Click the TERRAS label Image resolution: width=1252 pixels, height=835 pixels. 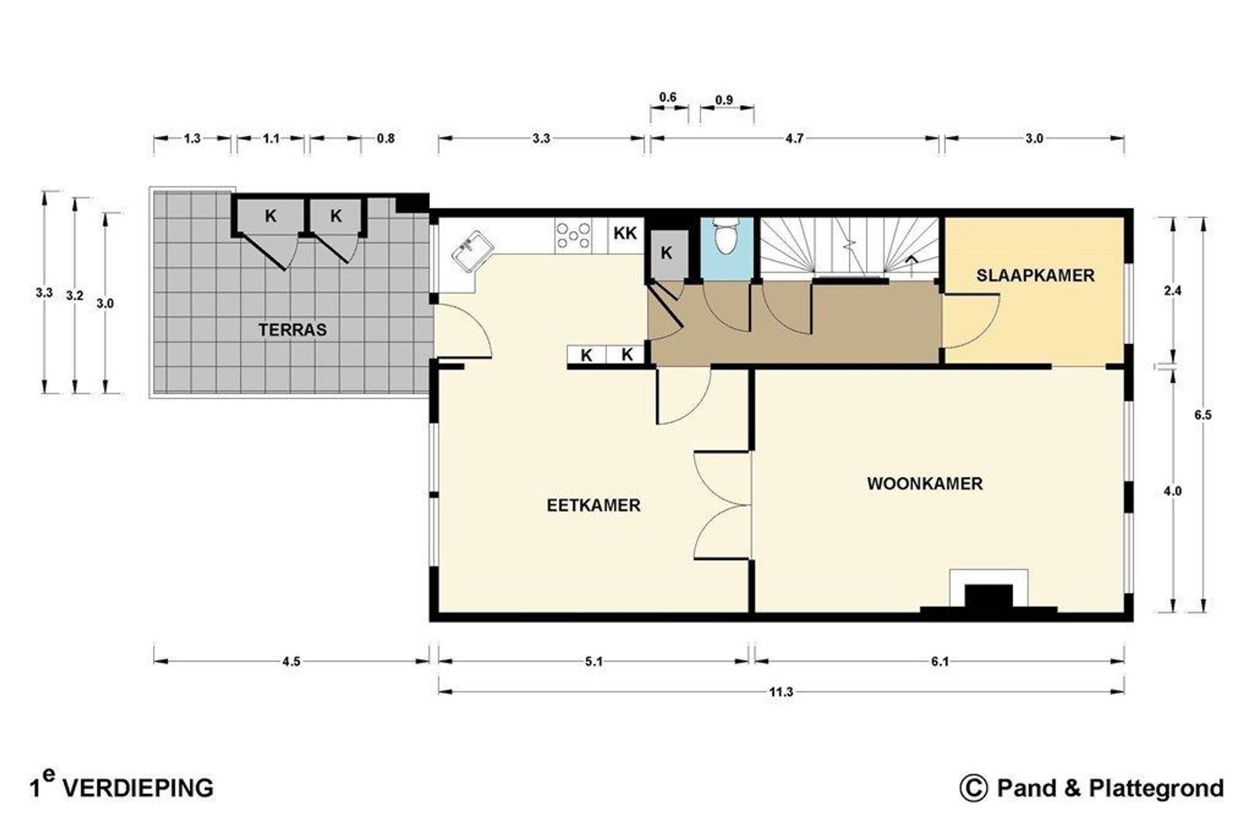coord(292,330)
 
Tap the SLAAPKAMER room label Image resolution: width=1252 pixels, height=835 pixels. coord(1035,275)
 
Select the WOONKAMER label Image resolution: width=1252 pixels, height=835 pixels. coord(925,483)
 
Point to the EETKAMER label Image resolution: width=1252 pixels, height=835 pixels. coord(594,505)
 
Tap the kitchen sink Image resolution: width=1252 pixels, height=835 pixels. coord(472,253)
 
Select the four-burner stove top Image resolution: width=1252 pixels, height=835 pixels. coord(573,235)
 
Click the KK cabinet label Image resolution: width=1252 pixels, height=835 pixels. coord(625,233)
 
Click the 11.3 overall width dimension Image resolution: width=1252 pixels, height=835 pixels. coord(781,692)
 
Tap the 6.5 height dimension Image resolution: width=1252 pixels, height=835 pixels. coord(1203,414)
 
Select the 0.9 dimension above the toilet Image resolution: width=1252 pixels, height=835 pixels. coord(724,100)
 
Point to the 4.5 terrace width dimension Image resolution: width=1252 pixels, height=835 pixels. coord(292,662)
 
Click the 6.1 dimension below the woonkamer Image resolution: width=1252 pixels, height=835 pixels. coord(940,662)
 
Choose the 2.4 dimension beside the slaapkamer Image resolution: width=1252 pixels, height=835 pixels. coord(1172,291)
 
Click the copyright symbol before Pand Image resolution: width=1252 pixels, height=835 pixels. coord(973,788)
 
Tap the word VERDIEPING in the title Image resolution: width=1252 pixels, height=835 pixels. coord(138,789)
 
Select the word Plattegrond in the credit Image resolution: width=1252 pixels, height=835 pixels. coord(1156,788)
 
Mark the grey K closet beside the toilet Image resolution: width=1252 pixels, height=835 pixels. coord(667,254)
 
